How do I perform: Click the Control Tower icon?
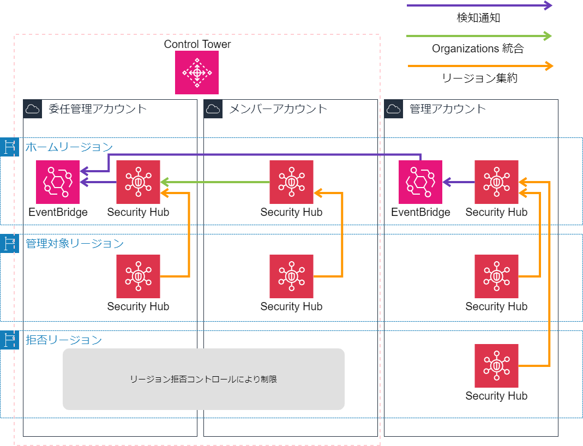tap(197, 73)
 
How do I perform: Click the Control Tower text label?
tap(197, 44)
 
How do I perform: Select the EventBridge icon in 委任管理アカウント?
tap(58, 182)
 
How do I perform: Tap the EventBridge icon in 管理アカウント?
tap(420, 182)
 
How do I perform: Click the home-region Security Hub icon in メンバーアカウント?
tap(291, 182)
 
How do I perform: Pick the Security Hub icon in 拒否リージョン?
tap(496, 366)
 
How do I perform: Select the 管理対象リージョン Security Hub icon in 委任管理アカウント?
tap(138, 276)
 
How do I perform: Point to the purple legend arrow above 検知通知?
tap(479, 5)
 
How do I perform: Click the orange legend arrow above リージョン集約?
tap(480, 66)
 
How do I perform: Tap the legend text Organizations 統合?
tap(478, 49)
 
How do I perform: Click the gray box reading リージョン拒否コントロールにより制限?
tap(203, 379)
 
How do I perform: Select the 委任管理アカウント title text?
tap(98, 109)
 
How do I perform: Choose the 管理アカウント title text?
tap(447, 109)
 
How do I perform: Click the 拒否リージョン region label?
tap(64, 340)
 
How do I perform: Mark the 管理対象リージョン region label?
tap(75, 243)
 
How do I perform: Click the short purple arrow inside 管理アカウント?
tap(458, 182)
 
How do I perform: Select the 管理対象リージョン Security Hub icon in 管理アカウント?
tap(496, 276)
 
